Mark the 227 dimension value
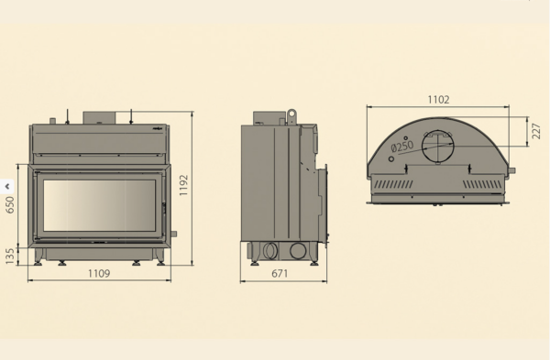point(534,134)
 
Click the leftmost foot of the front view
point(37,262)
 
